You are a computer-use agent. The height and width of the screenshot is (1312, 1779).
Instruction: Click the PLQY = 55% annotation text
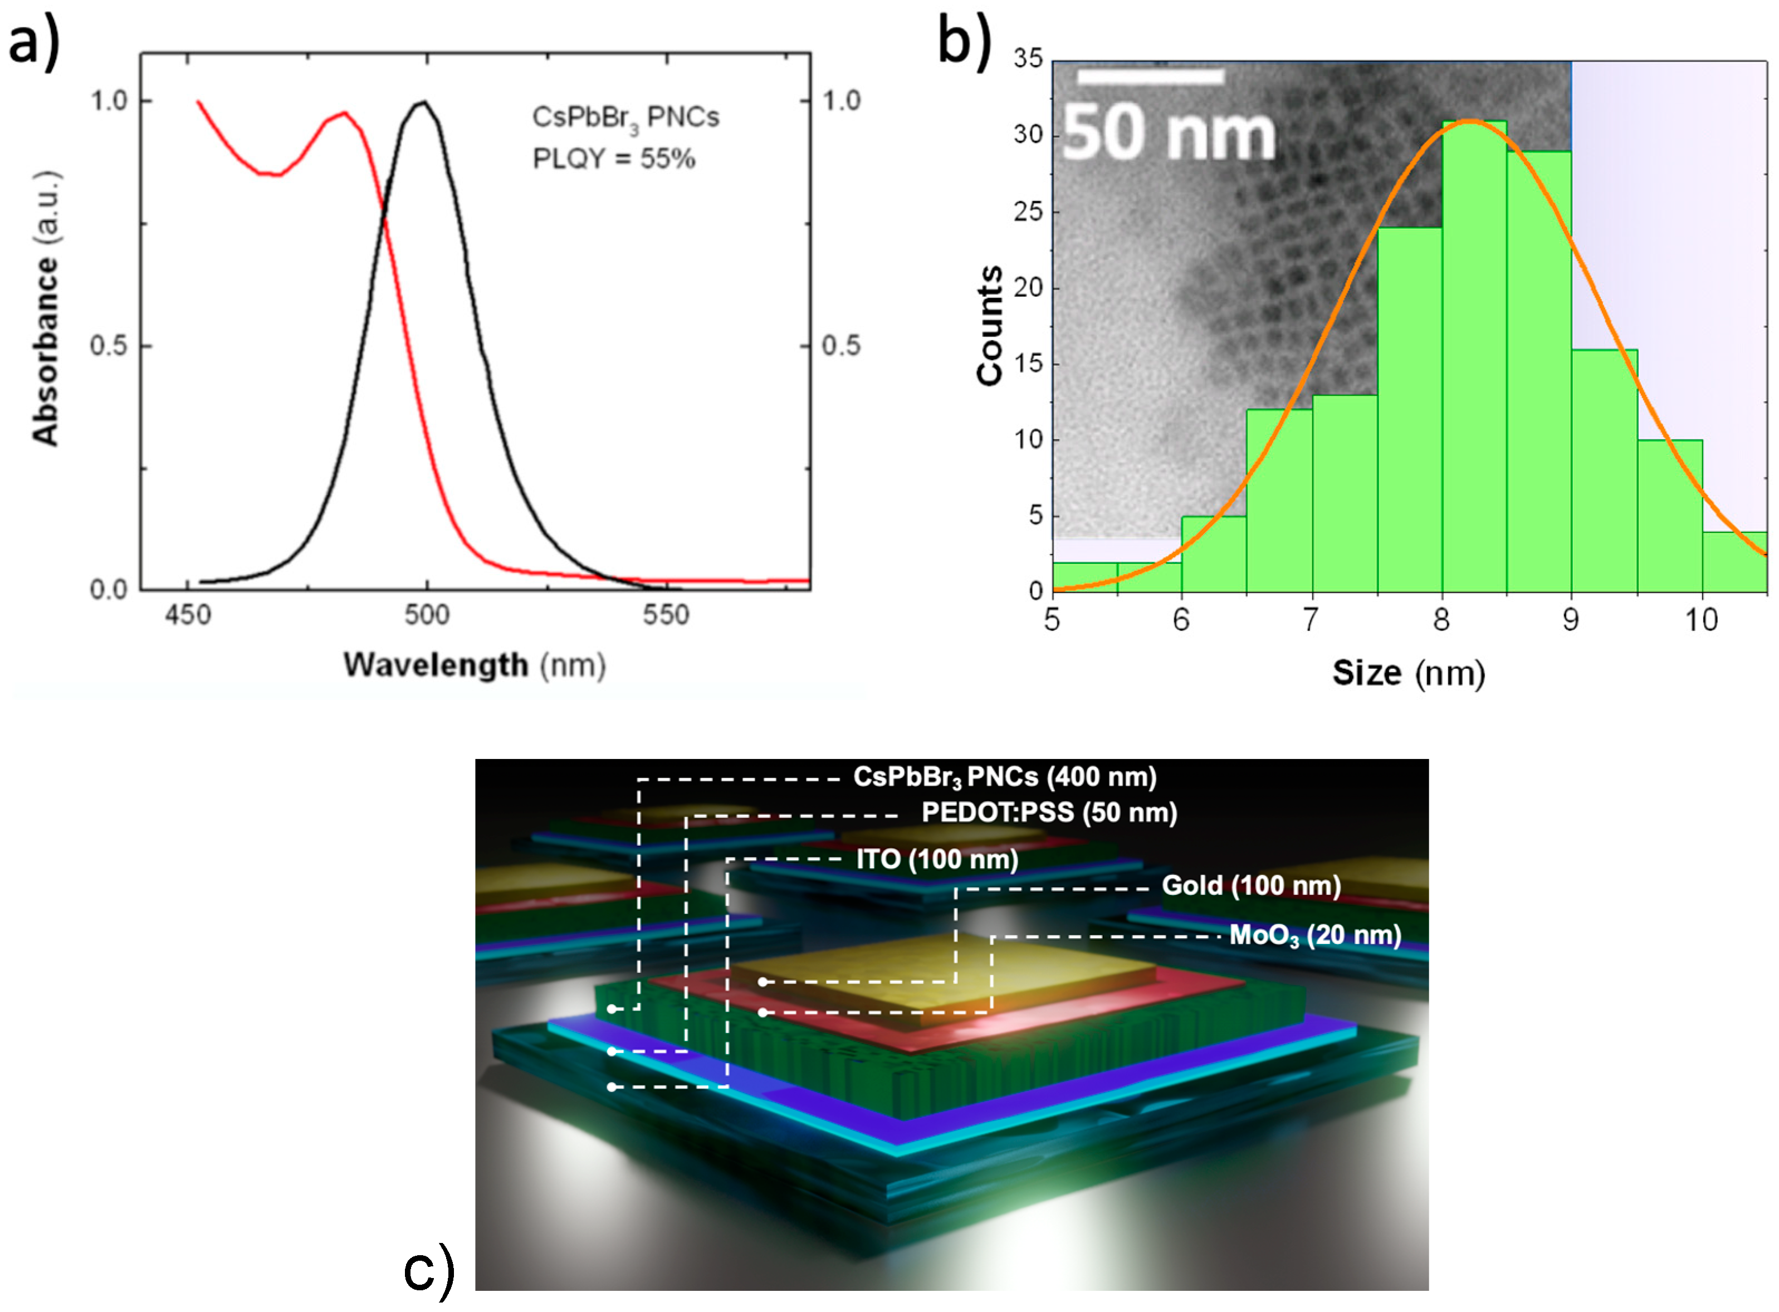tap(613, 159)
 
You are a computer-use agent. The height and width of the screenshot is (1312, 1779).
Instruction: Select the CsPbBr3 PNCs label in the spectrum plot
tap(625, 118)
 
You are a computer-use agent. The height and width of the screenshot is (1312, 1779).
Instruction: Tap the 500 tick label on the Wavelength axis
tap(427, 615)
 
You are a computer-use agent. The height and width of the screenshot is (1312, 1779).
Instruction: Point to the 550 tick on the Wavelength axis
tap(666, 615)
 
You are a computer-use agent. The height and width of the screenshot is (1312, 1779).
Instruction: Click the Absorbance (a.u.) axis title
tap(46, 308)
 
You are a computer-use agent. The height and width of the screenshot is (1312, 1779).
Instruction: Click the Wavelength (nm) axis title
tap(474, 665)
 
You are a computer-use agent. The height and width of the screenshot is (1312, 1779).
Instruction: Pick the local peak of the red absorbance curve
tap(344, 113)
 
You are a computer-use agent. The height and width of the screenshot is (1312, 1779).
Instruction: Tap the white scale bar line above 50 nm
tap(1150, 76)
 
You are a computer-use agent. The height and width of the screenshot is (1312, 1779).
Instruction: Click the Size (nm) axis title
tap(1408, 673)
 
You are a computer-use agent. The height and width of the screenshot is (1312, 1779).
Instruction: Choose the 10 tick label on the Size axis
tap(1701, 619)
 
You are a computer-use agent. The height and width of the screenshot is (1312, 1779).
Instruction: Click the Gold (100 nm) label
tap(1251, 885)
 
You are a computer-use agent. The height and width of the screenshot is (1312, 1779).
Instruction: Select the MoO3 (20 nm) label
tap(1314, 935)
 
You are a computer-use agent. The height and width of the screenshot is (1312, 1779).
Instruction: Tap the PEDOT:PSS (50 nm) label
tap(1048, 812)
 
